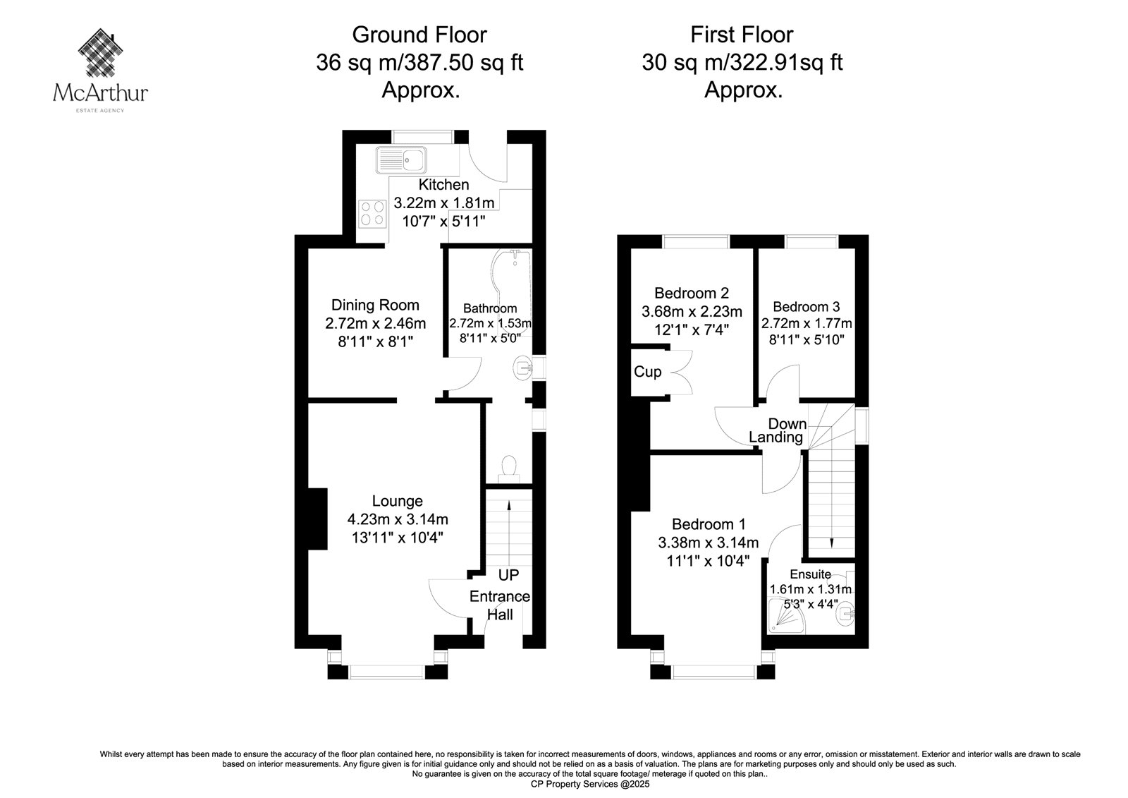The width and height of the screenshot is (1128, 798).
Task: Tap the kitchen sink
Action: point(401,159)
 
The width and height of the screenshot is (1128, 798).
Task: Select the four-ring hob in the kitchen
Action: point(373,214)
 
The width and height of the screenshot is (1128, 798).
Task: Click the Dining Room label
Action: point(375,305)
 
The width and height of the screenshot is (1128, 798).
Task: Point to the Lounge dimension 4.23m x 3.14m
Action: point(398,519)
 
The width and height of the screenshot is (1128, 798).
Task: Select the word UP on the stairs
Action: point(508,575)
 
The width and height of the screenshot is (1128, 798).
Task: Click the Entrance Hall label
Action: point(500,605)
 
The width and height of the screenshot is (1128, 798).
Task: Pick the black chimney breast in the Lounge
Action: point(318,519)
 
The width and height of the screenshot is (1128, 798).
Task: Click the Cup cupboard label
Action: point(648,372)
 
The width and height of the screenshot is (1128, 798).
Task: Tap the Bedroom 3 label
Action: point(807,306)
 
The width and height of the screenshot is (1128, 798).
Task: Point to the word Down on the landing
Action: point(787,424)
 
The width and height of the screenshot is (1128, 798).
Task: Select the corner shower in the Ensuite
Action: point(785,615)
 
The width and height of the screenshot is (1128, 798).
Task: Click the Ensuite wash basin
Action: point(845,614)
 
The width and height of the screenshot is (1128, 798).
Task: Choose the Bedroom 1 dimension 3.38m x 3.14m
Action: point(708,543)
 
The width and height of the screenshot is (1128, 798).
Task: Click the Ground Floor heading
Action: point(419,35)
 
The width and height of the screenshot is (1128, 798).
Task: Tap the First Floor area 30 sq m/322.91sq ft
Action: point(742,63)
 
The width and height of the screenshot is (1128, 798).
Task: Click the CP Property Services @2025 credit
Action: point(590,785)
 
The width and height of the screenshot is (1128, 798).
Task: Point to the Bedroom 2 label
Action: point(692,293)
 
